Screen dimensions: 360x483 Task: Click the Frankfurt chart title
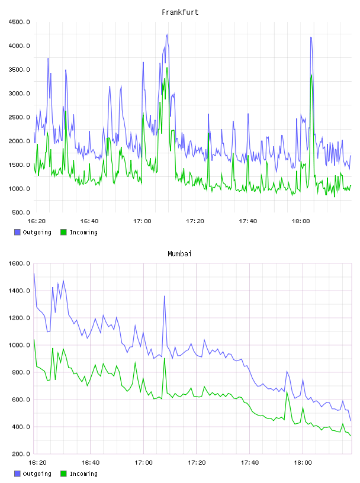pyautogui.click(x=180, y=12)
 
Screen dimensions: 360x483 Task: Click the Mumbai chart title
pyautogui.click(x=179, y=253)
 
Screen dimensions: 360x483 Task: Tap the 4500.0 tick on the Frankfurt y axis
pyautogui.click(x=19, y=22)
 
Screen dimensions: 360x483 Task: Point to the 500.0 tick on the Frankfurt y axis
pyautogui.click(x=21, y=212)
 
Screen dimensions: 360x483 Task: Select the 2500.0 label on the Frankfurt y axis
pyautogui.click(x=19, y=117)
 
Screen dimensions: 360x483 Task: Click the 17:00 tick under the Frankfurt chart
pyautogui.click(x=142, y=221)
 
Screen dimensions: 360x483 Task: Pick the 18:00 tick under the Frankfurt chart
pyautogui.click(x=301, y=221)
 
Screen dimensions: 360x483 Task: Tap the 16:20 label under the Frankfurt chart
pyautogui.click(x=36, y=221)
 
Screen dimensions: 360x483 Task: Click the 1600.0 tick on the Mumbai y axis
pyautogui.click(x=19, y=263)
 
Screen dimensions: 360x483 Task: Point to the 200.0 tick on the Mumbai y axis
pyautogui.click(x=21, y=454)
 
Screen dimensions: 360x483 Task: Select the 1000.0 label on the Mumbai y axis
pyautogui.click(x=19, y=345)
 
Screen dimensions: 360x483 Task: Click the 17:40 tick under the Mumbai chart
pyautogui.click(x=250, y=462)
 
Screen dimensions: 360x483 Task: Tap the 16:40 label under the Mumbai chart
pyautogui.click(x=91, y=462)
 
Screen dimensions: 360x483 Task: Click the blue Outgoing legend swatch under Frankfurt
pyautogui.click(x=17, y=232)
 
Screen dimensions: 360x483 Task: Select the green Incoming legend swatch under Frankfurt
pyautogui.click(x=63, y=232)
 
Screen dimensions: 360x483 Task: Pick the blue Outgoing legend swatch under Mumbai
pyautogui.click(x=17, y=474)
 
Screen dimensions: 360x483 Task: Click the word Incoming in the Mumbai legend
pyautogui.click(x=83, y=474)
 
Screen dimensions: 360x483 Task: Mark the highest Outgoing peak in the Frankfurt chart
pyautogui.click(x=167, y=34)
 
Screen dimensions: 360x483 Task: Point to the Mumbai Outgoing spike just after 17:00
pyautogui.click(x=165, y=296)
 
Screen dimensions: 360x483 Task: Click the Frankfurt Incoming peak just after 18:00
pyautogui.click(x=311, y=75)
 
